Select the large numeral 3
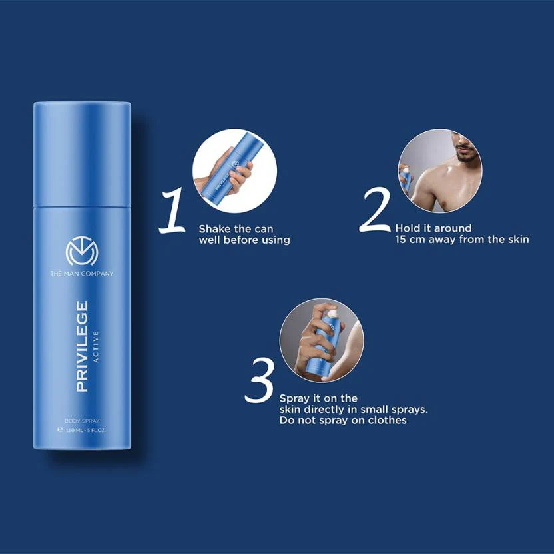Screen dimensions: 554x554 point(259,382)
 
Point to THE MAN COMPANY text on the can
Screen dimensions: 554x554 point(82,274)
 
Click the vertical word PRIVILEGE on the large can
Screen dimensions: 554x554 point(81,346)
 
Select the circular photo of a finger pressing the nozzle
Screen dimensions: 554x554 point(322,340)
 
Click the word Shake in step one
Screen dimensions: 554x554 point(214,228)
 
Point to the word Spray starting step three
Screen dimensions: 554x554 point(295,398)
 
